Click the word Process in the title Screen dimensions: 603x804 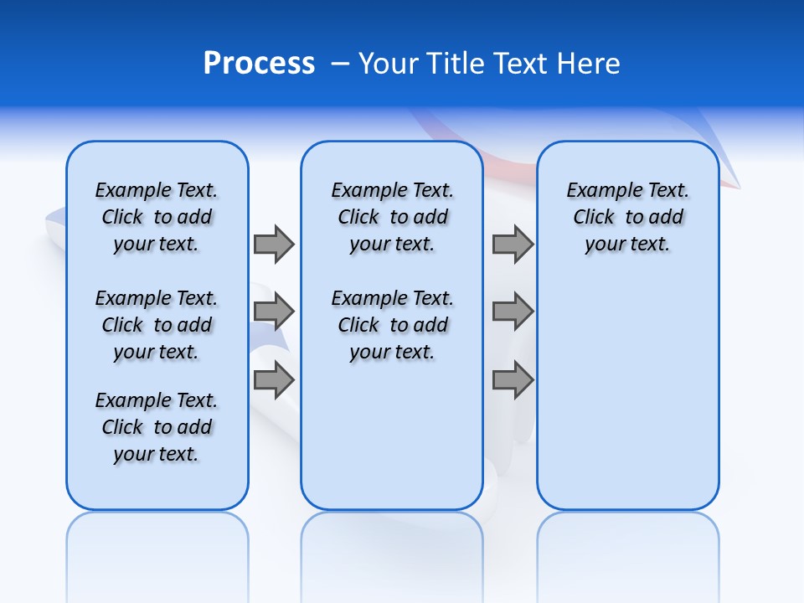point(259,64)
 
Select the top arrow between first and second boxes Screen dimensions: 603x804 point(274,244)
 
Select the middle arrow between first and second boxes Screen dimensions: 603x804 point(274,312)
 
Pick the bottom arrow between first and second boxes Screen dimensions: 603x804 point(274,380)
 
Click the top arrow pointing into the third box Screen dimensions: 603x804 point(513,244)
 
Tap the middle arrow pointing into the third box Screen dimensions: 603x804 point(513,312)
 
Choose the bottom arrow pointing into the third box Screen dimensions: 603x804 point(513,380)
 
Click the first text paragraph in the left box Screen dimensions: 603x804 point(157,217)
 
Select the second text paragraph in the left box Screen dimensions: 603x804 point(157,325)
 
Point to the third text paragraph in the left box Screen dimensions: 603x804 point(157,427)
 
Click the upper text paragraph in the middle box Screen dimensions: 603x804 point(392,217)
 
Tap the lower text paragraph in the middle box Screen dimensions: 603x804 point(392,325)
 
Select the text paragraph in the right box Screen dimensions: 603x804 point(628,217)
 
